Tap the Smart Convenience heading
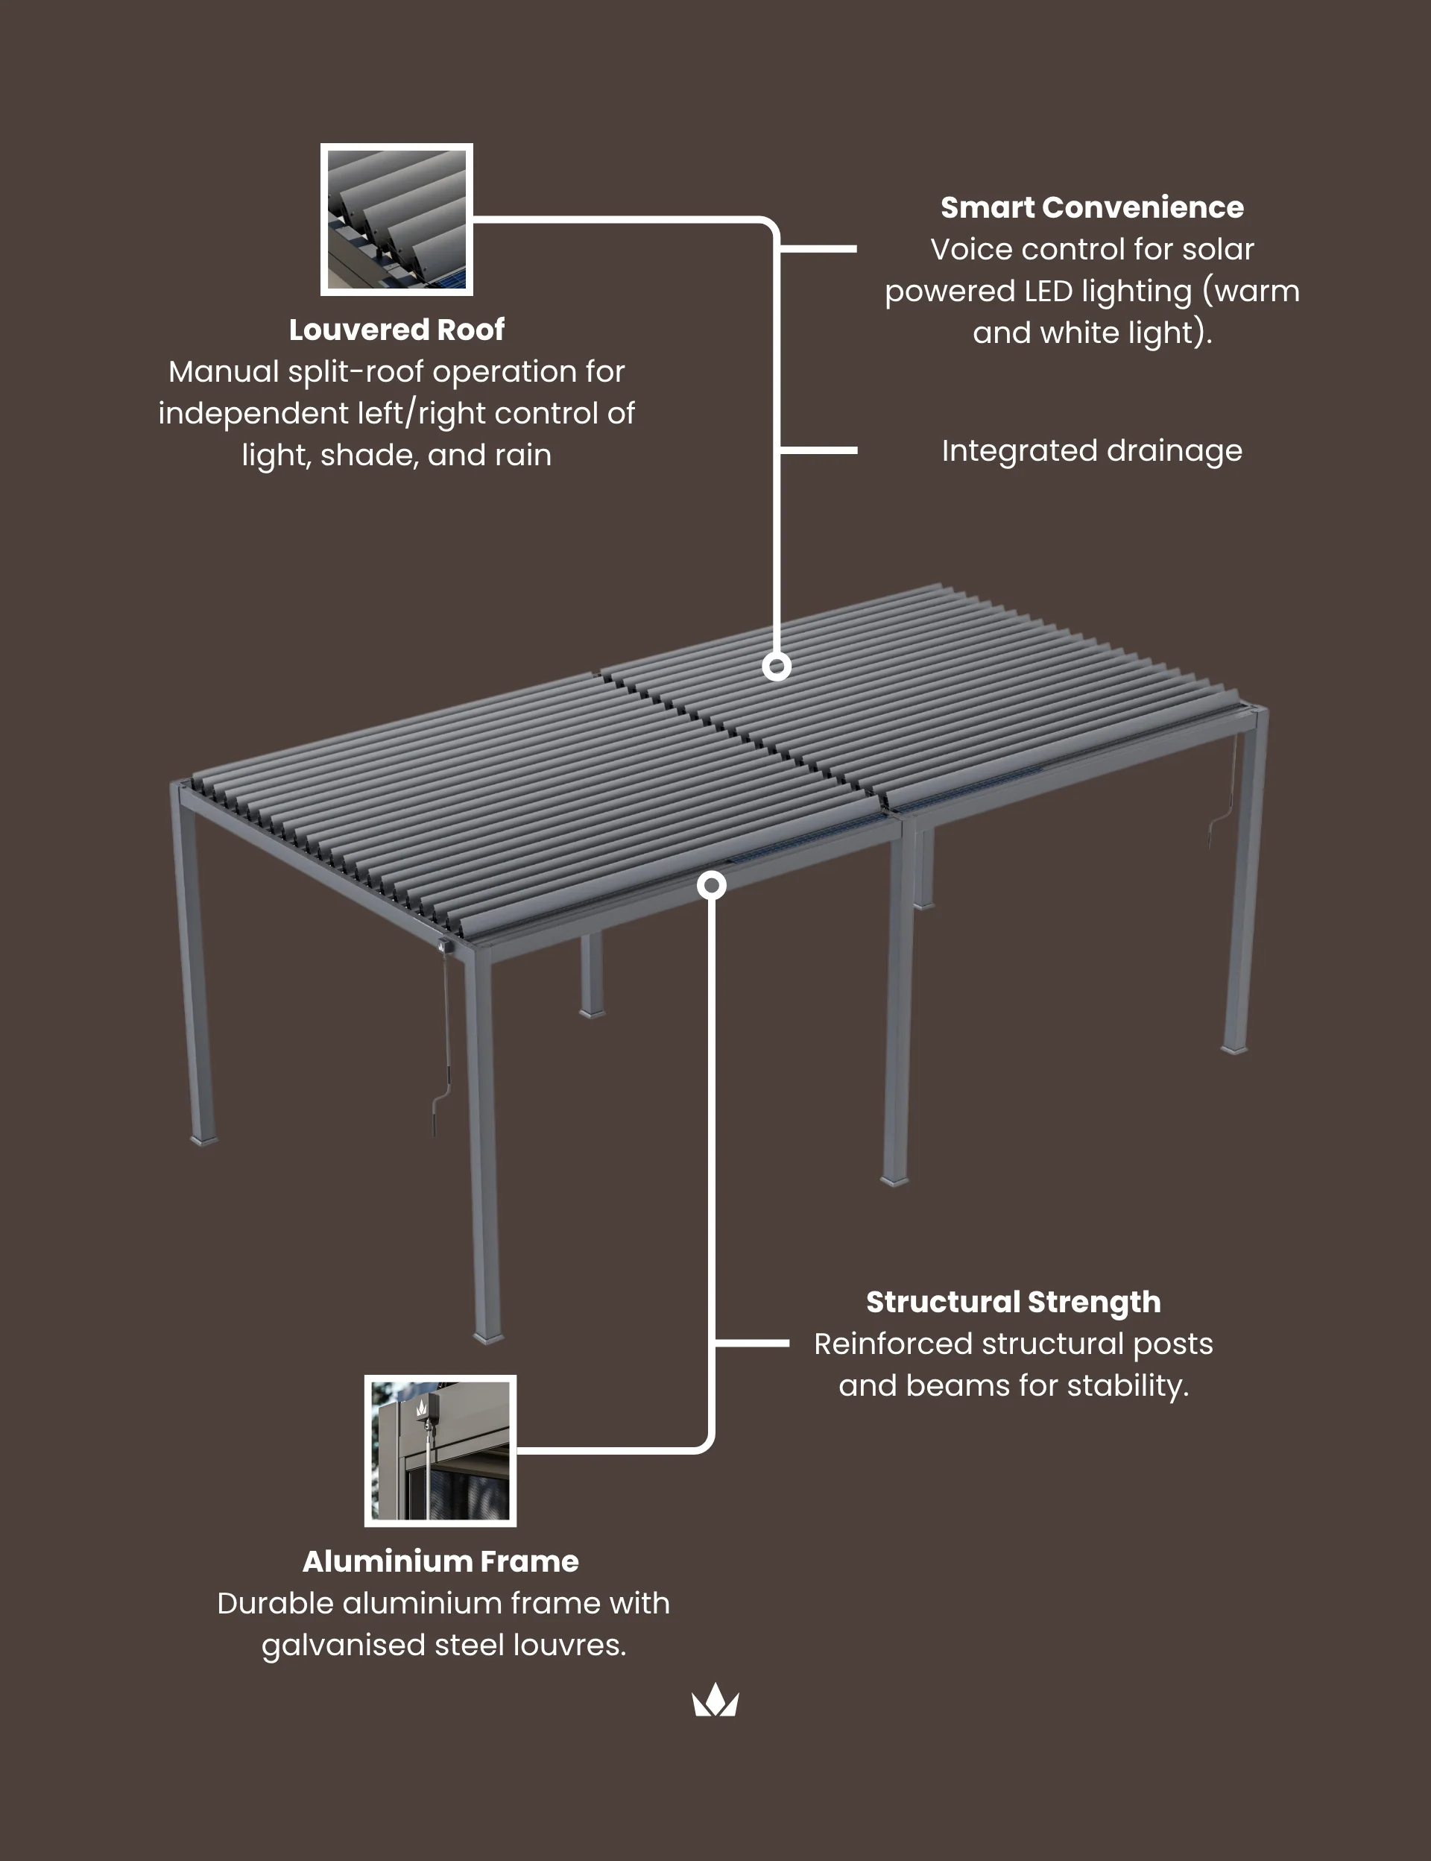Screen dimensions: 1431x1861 (x=1092, y=207)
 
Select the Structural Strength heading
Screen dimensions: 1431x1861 (x=1014, y=1302)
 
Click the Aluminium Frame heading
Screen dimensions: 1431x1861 (x=440, y=1561)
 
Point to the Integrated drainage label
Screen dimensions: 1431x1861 (x=1092, y=451)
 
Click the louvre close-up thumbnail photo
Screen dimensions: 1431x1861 (x=397, y=220)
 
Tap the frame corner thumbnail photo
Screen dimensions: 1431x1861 (x=440, y=1451)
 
